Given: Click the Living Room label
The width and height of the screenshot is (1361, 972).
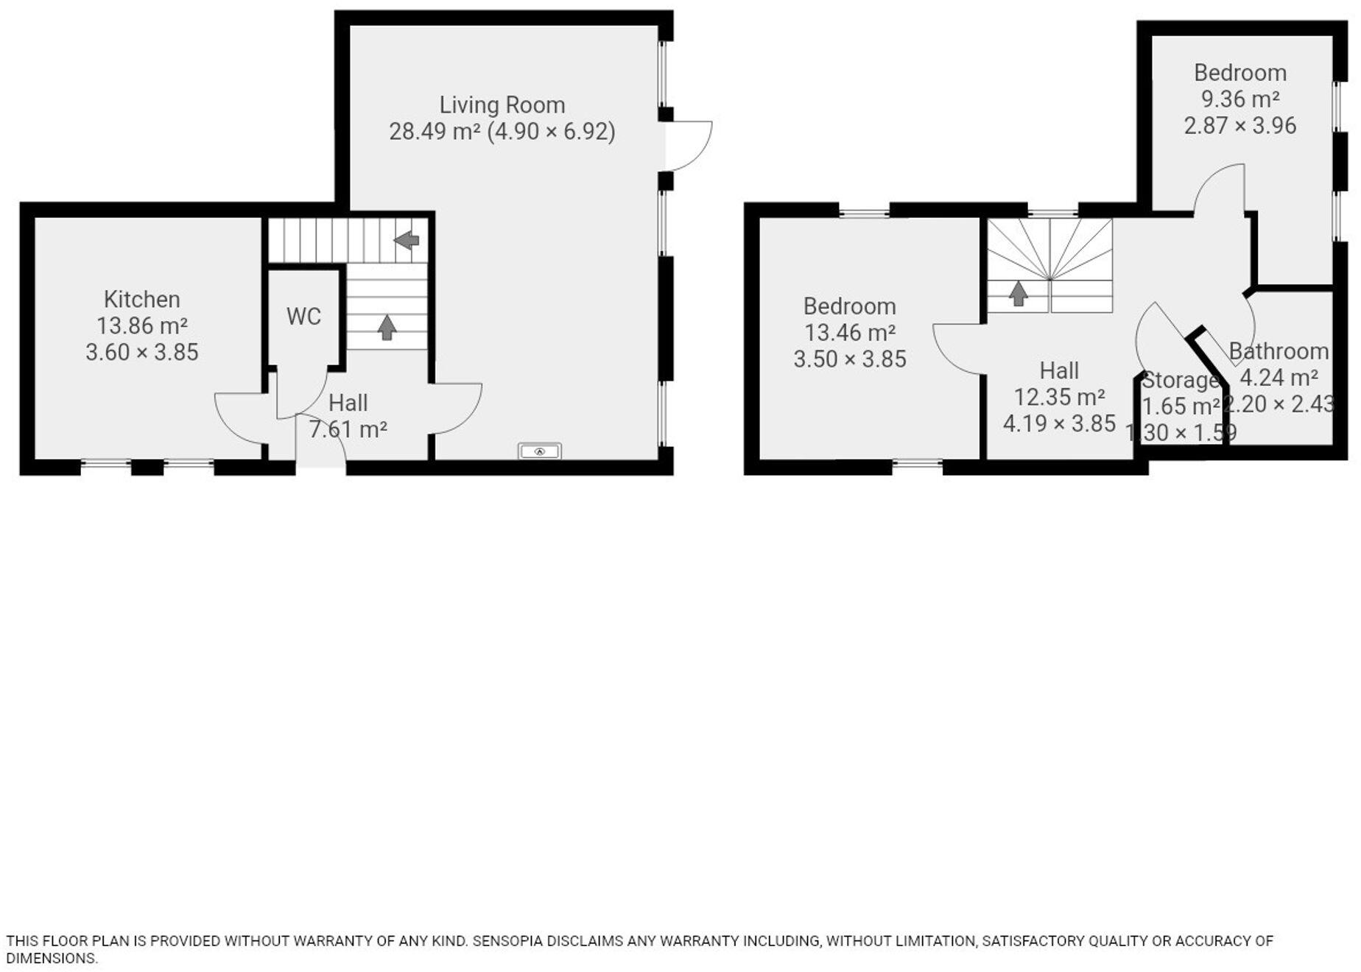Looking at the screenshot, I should (x=502, y=105).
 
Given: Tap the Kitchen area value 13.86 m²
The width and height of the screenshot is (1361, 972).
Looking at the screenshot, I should (x=141, y=325).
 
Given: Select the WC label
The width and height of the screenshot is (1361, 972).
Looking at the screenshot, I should (x=303, y=317).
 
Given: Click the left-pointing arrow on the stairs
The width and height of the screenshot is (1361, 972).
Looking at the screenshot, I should (x=407, y=240).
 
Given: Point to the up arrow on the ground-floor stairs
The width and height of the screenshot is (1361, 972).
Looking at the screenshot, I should (x=387, y=328).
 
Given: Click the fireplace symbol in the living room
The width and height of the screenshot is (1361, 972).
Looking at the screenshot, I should (x=539, y=451).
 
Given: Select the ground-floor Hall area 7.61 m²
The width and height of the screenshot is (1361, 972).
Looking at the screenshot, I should (x=348, y=429).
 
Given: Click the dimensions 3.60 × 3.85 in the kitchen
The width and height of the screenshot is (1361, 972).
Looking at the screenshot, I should (x=141, y=352).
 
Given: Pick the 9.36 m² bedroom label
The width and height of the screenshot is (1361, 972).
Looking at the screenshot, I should (x=1239, y=73).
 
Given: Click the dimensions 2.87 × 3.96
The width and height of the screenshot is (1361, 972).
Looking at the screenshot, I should (x=1239, y=126).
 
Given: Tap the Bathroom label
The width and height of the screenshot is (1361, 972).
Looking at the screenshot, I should (x=1278, y=351).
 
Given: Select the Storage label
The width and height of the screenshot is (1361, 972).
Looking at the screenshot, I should (x=1180, y=380).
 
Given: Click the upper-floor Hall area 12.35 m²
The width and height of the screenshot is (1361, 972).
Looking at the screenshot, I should (x=1058, y=398).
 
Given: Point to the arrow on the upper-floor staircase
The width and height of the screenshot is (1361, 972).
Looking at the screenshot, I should (x=1018, y=294).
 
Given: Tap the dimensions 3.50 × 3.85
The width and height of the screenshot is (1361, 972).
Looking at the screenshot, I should (x=849, y=359).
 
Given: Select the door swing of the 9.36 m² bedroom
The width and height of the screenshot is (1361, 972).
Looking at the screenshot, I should (x=1220, y=188).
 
